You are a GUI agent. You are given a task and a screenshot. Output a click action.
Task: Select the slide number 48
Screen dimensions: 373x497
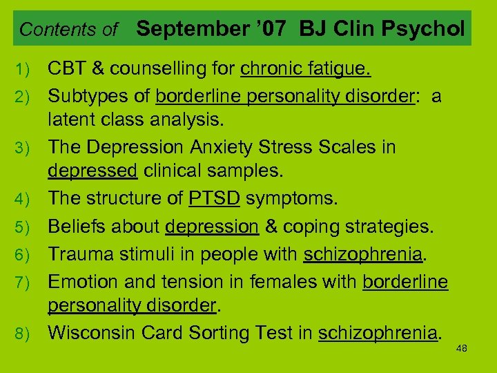click(462, 348)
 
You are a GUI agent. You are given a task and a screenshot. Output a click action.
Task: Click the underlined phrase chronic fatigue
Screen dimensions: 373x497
click(306, 70)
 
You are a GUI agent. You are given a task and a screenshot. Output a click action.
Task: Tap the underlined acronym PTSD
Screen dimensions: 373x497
click(214, 199)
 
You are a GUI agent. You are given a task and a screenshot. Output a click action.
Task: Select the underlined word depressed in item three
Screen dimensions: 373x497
click(92, 169)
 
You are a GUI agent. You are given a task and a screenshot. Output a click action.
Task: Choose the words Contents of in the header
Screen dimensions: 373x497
click(69, 30)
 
